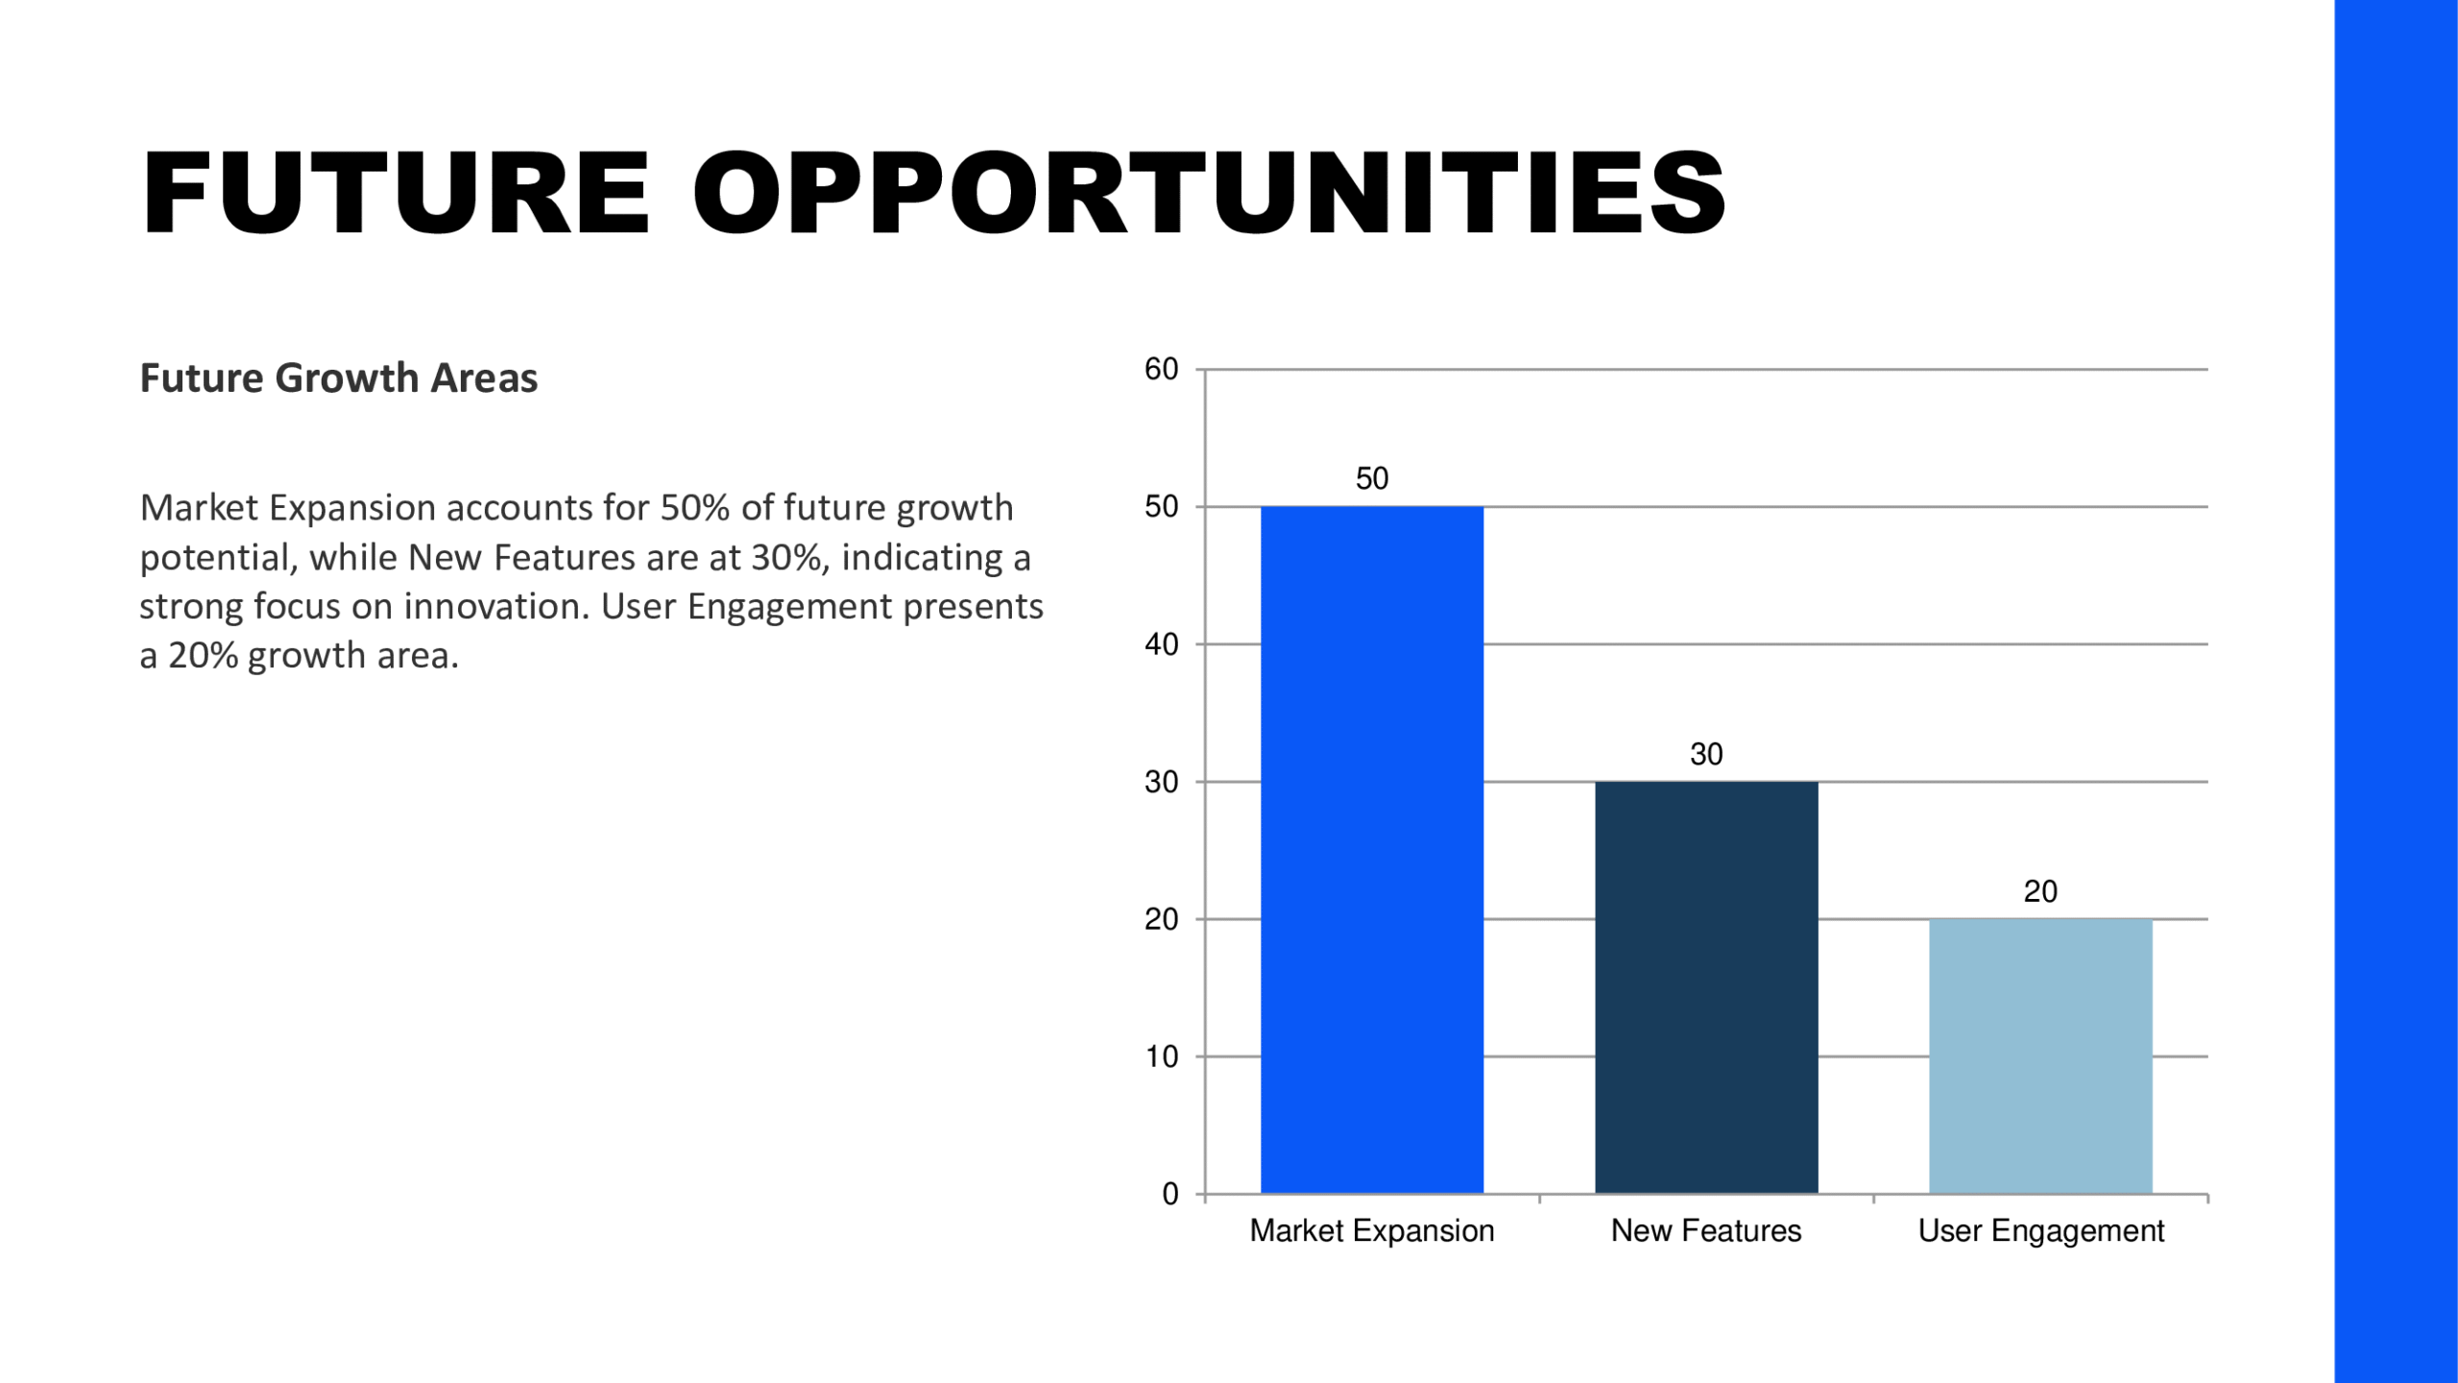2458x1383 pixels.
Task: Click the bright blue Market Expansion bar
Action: point(1371,850)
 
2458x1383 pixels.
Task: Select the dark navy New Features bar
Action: point(1706,987)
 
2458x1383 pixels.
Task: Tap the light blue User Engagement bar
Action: point(2040,1056)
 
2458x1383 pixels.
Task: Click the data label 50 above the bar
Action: point(1371,478)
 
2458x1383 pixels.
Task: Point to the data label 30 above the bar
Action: point(1706,754)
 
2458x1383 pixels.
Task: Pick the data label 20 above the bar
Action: point(2040,891)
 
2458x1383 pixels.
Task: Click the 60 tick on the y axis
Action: point(1161,369)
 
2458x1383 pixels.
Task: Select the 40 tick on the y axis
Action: point(1161,644)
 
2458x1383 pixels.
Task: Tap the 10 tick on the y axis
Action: point(1161,1056)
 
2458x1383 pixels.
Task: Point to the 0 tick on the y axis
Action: point(1170,1194)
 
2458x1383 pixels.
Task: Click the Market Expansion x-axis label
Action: point(1371,1230)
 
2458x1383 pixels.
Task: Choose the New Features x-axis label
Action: point(1706,1230)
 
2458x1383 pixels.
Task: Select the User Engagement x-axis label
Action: point(2040,1230)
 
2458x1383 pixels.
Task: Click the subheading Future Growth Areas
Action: point(338,377)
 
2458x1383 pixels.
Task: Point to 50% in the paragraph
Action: point(695,507)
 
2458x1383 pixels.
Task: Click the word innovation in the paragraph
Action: point(492,606)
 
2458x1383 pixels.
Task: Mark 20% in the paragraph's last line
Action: point(203,656)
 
